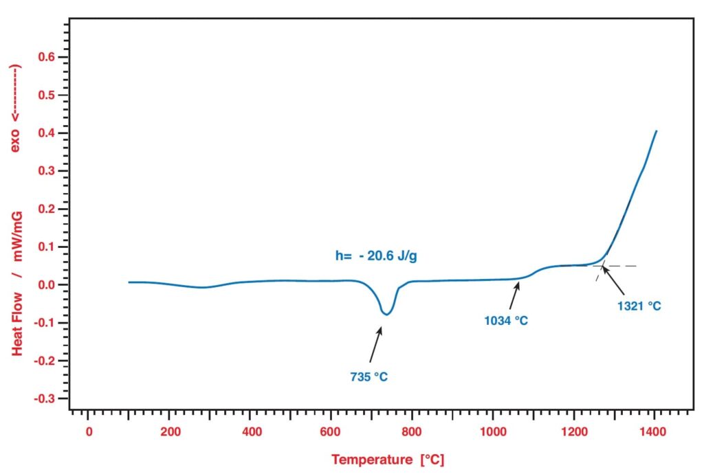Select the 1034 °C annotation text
[505, 320]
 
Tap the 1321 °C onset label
[639, 306]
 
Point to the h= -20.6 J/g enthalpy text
[376, 256]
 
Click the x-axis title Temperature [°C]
[392, 459]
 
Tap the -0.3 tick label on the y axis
[43, 398]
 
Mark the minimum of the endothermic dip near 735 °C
[387, 315]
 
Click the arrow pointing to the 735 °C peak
[375, 343]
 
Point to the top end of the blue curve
[656, 131]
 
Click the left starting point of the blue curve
[129, 282]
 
